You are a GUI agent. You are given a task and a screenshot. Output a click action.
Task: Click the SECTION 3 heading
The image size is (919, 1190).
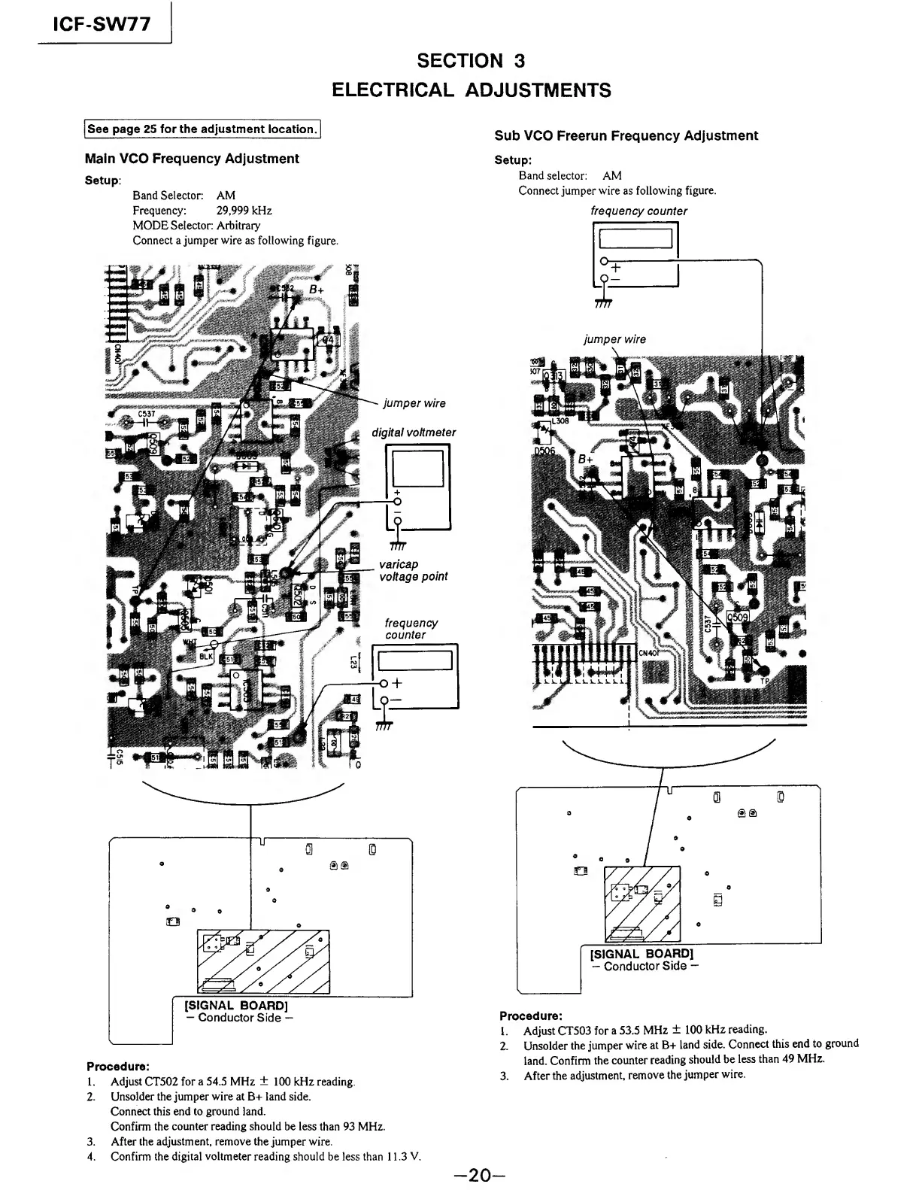[x=471, y=60]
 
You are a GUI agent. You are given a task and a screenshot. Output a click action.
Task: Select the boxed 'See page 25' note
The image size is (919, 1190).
[x=202, y=129]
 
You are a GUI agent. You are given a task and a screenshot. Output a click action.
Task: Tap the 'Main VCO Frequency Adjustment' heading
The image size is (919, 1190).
[x=192, y=159]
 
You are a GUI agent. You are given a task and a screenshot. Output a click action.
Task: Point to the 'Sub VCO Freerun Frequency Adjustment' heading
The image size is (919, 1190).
[x=626, y=135]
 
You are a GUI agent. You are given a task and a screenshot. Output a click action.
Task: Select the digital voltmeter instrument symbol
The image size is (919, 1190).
[x=417, y=487]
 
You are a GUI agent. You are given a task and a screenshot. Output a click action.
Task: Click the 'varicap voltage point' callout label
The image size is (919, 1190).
[x=413, y=570]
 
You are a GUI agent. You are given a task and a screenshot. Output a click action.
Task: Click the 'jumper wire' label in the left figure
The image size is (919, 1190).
[x=414, y=403]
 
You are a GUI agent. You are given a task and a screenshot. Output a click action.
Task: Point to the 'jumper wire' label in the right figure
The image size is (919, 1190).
[x=614, y=339]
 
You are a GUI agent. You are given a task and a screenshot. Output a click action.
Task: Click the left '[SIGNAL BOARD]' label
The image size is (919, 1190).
[x=236, y=1005]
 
